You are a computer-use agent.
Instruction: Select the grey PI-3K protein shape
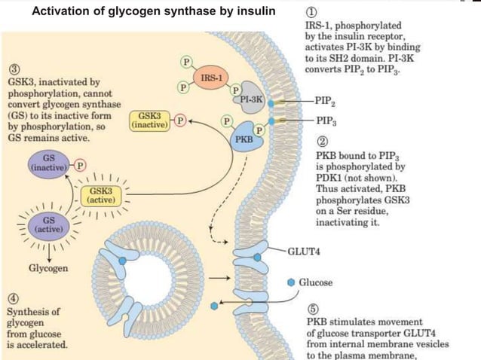click(250, 102)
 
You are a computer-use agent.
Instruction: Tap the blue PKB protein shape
click(244, 140)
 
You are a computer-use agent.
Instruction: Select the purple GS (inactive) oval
click(47, 163)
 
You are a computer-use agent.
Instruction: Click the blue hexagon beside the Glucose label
click(292, 282)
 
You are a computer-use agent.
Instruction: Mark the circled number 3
click(11, 69)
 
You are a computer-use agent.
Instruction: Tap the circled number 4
click(11, 297)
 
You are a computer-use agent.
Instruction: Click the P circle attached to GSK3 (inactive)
click(179, 120)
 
